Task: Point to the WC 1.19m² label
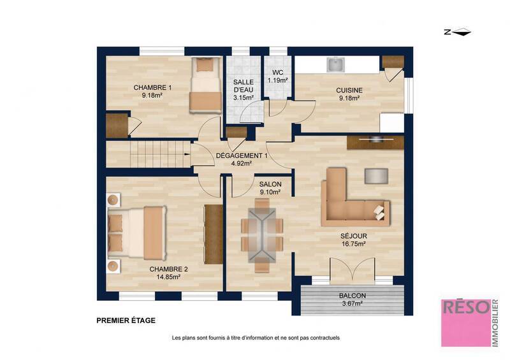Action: tap(278, 76)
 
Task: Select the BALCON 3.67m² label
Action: tap(352, 300)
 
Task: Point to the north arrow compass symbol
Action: tap(458, 32)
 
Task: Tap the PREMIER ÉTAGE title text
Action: tap(126, 321)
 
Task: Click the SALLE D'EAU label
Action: tap(243, 90)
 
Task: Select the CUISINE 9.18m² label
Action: tap(349, 94)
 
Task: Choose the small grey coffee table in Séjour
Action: tap(376, 175)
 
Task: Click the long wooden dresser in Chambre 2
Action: tap(212, 233)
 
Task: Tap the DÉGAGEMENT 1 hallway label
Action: tap(242, 159)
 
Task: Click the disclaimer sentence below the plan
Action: tap(256, 338)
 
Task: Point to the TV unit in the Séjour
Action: tap(375, 141)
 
